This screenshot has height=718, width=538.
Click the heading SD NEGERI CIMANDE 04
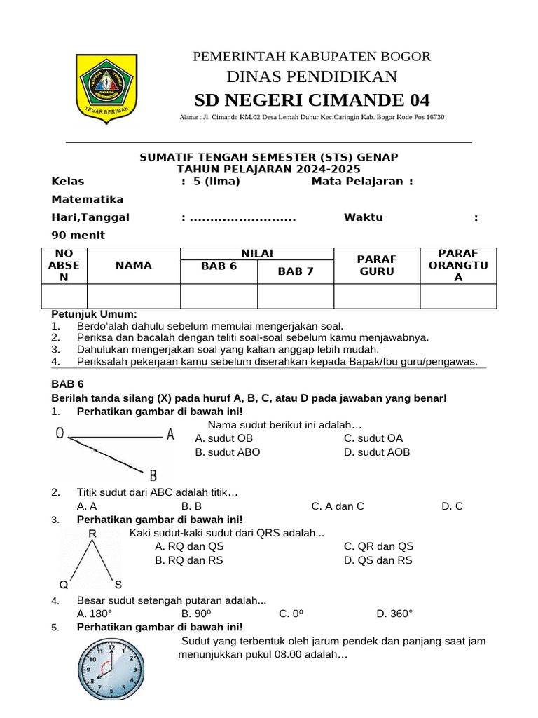point(312,100)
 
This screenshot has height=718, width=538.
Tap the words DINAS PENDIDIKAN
point(312,76)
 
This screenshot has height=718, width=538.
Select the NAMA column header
point(134,265)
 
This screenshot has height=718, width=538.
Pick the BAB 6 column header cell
point(219,266)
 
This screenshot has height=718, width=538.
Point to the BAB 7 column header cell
point(296,271)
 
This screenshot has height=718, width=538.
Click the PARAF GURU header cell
point(377,265)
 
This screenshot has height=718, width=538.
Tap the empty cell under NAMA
point(134,296)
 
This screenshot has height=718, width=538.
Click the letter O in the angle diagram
point(60,434)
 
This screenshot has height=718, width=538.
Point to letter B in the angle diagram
point(153,475)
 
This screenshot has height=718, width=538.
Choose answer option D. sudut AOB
point(377,452)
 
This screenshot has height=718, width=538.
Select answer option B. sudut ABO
point(228,452)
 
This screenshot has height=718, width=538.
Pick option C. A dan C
point(338,506)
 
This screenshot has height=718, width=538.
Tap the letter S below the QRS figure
point(118,584)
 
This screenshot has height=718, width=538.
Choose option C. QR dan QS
point(378,546)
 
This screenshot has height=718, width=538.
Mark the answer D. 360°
point(394,614)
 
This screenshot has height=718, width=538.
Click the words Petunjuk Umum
point(95,314)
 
